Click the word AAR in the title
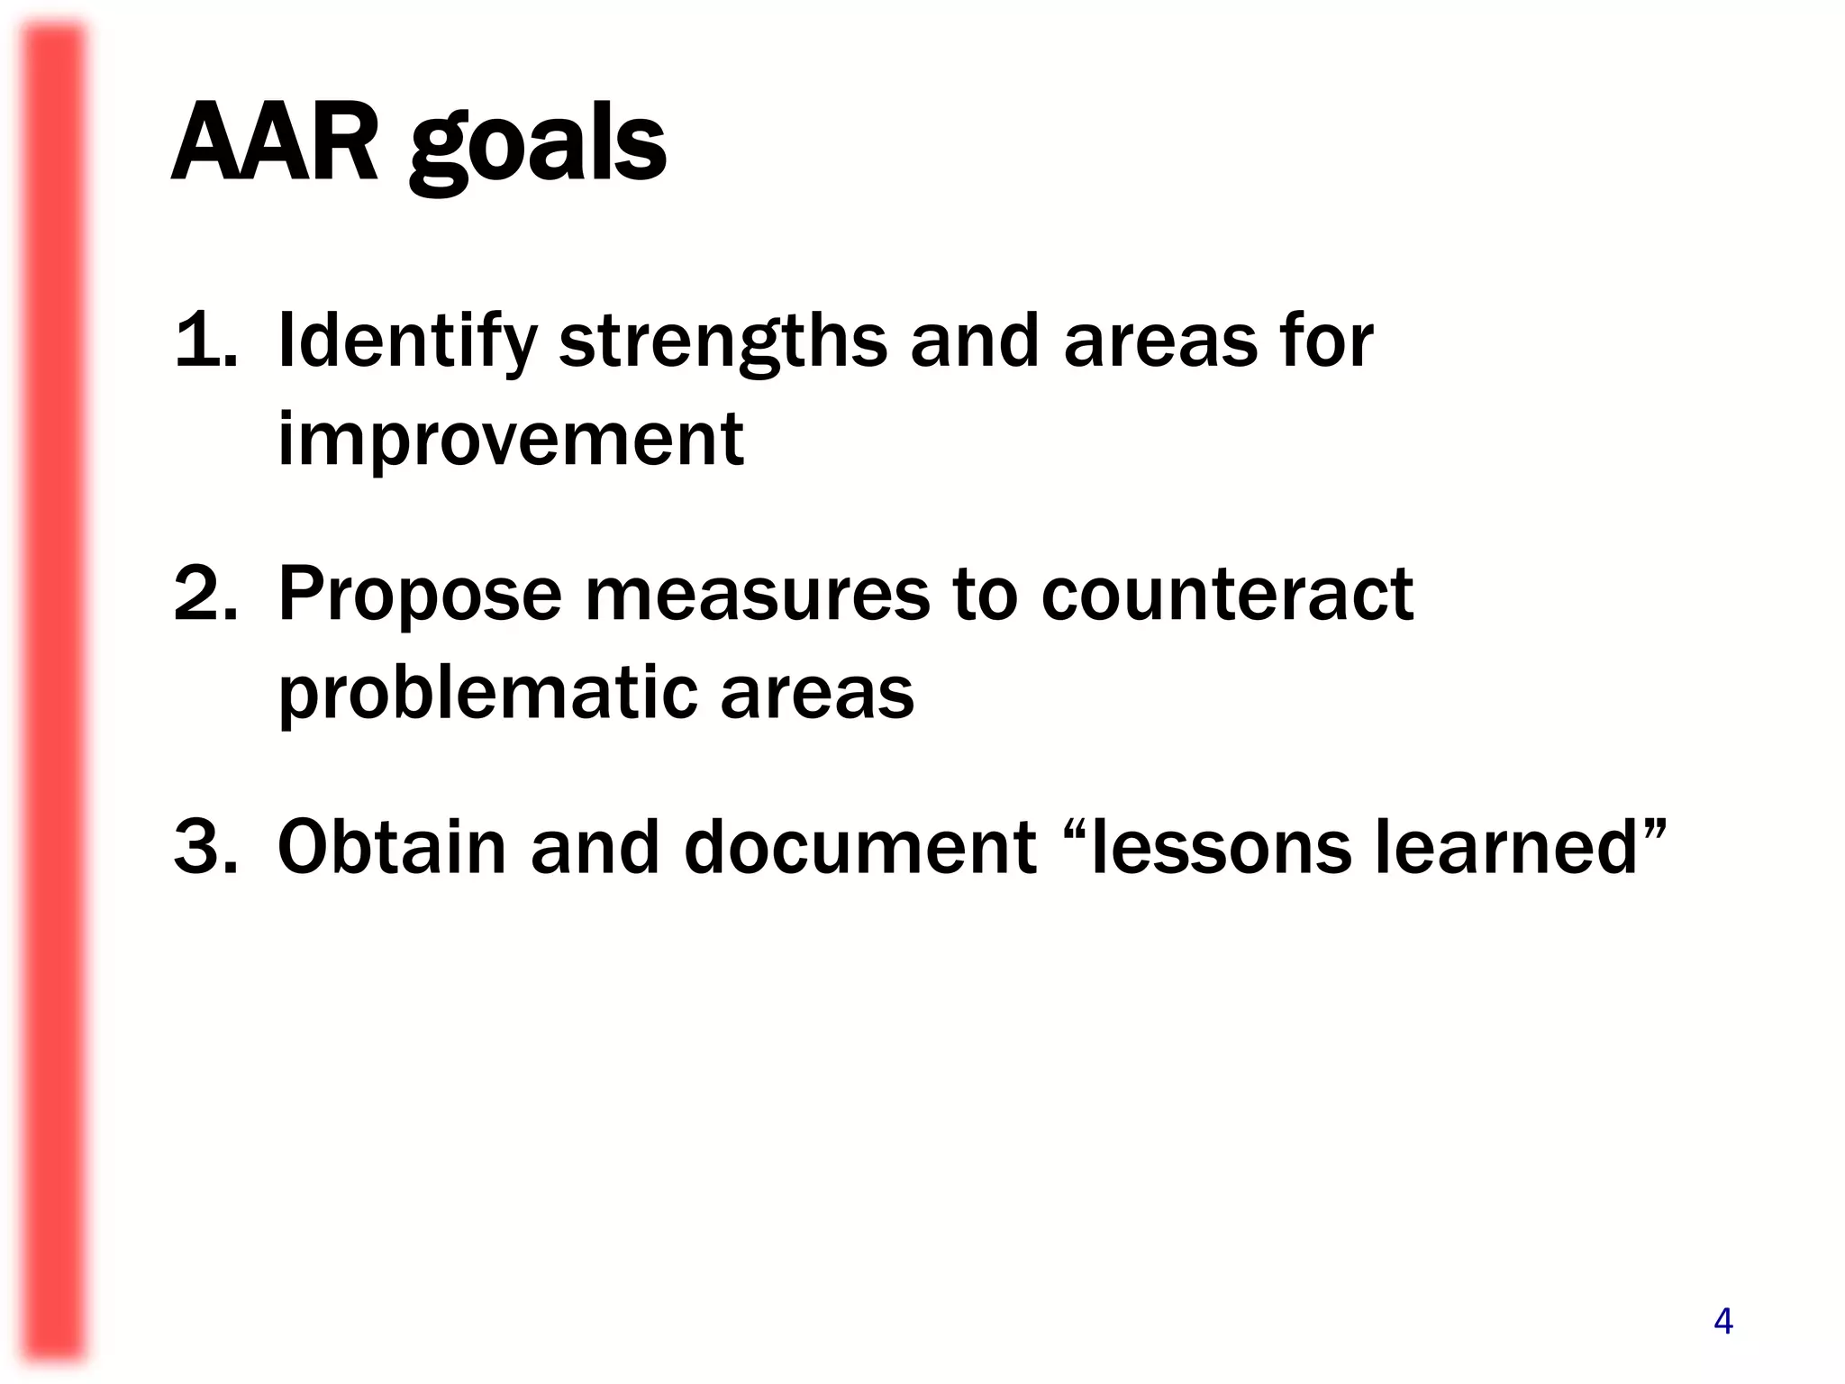(274, 144)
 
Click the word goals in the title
(538, 149)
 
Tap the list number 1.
(205, 341)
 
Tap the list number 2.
(205, 593)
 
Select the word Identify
(407, 342)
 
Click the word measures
(757, 595)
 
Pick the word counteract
(1227, 595)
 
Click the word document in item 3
(860, 847)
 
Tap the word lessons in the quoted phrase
(1221, 847)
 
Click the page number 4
(1722, 1322)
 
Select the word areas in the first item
(1160, 342)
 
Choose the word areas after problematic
(816, 694)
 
